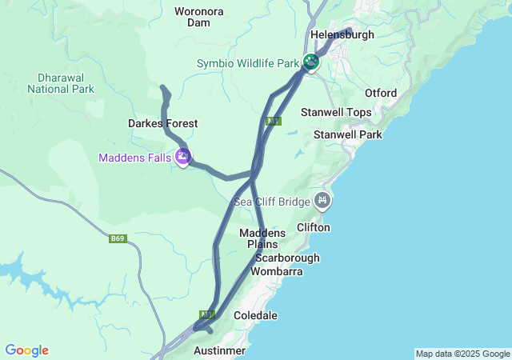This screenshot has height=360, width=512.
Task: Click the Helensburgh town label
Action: [342, 35]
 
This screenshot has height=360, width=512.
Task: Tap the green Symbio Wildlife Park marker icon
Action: [310, 62]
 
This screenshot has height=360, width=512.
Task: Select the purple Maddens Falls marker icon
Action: [183, 157]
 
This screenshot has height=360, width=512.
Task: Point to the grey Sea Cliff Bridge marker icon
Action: [322, 201]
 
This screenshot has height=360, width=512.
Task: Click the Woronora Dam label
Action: [199, 17]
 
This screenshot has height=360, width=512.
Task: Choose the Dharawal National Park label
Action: [60, 83]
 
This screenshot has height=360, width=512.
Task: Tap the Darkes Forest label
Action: [162, 124]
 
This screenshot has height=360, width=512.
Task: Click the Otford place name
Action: [381, 94]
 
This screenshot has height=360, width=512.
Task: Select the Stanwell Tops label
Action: [336, 113]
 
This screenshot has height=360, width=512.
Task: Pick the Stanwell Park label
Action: [348, 135]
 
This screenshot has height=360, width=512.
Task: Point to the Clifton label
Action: [313, 228]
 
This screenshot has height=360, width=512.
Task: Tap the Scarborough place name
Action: [287, 258]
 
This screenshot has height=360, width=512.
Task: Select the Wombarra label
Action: [277, 272]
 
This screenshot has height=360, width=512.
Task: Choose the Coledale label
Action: [255, 316]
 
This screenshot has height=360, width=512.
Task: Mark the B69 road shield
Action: [118, 238]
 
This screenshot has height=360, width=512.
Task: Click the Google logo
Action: [26, 350]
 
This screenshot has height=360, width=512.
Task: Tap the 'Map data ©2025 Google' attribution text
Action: [462, 354]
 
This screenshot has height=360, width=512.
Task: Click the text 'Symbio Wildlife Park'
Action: [247, 63]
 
